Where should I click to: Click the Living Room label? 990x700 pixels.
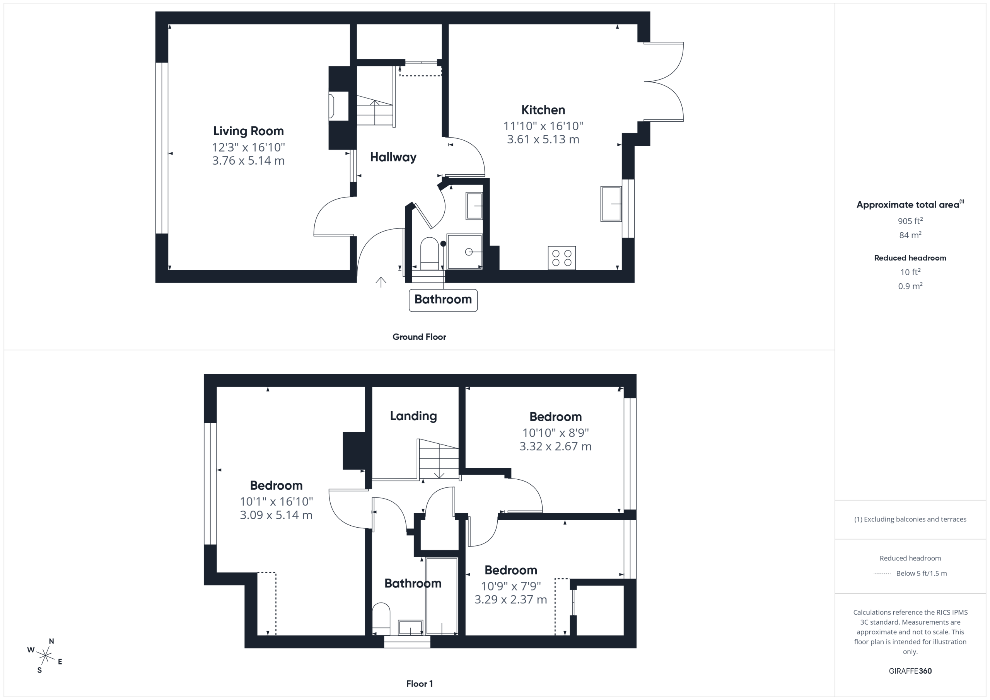tap(248, 131)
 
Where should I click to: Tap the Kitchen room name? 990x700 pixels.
tap(543, 110)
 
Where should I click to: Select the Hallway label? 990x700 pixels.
tap(393, 157)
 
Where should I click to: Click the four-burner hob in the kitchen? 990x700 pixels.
tap(562, 258)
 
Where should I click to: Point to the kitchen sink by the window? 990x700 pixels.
tap(611, 204)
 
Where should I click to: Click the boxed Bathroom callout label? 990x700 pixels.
tap(443, 300)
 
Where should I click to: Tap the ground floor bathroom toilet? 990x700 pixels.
tap(430, 253)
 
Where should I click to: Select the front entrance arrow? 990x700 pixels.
tap(381, 282)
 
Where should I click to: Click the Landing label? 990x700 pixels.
tap(413, 416)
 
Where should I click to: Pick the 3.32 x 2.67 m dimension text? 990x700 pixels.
tap(555, 446)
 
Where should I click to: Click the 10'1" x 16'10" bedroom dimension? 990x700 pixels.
tap(277, 501)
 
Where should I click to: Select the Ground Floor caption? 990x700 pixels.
tap(419, 337)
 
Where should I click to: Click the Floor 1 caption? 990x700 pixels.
tap(419, 684)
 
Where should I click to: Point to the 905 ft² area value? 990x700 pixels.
tap(910, 221)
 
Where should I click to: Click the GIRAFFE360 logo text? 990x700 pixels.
tap(910, 671)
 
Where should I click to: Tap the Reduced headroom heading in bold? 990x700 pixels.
tap(910, 258)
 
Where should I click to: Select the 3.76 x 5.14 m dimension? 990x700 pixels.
tap(248, 161)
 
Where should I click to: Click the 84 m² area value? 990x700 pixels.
tap(910, 235)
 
